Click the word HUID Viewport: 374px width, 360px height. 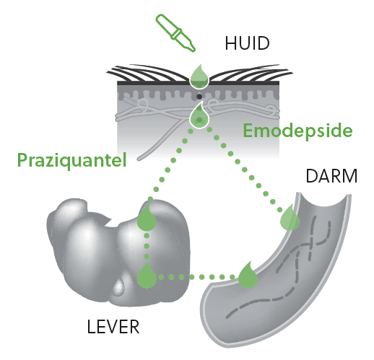pyautogui.click(x=247, y=43)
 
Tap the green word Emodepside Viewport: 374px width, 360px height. pyautogui.click(x=297, y=131)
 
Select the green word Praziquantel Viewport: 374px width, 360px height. pyautogui.click(x=72, y=160)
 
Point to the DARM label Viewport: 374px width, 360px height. pyautogui.click(x=331, y=176)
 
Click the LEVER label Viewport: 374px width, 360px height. pyautogui.click(x=113, y=327)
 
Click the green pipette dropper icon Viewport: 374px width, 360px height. pyautogui.click(x=175, y=32)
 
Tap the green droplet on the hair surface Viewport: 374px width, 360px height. pyautogui.click(x=199, y=76)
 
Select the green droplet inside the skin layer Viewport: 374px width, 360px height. pyautogui.click(x=199, y=115)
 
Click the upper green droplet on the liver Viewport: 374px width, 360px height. pyautogui.click(x=147, y=218)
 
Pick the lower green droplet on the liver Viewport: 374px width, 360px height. pyautogui.click(x=147, y=276)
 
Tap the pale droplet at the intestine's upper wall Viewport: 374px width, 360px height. pyautogui.click(x=290, y=218)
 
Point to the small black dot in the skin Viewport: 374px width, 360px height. pyautogui.click(x=199, y=97)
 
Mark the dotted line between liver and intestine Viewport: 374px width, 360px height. pyautogui.click(x=197, y=277)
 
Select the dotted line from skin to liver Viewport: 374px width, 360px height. pyautogui.click(x=170, y=165)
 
